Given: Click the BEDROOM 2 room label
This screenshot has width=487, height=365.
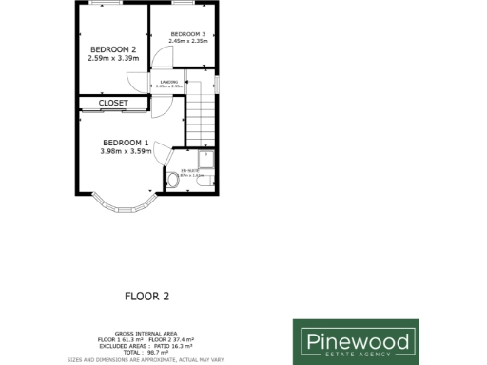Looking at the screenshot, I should click(x=113, y=48).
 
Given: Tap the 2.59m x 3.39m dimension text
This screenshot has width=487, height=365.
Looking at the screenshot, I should click(x=113, y=58).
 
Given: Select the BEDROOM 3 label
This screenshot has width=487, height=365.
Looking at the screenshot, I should click(x=187, y=35).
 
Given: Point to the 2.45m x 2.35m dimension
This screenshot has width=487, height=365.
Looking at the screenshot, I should click(x=187, y=42).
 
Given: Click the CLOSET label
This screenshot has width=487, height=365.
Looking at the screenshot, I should click(x=113, y=102).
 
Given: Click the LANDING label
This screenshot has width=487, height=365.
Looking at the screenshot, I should click(x=170, y=82).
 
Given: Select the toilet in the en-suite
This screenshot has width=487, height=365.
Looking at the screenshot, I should click(x=172, y=178).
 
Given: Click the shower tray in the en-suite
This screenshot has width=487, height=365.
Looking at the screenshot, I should click(x=206, y=159).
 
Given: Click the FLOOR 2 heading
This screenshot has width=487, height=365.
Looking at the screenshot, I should click(x=146, y=296).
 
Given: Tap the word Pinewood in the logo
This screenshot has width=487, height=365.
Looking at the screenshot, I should click(x=356, y=339).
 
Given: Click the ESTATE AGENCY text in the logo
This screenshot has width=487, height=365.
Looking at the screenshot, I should click(x=356, y=355).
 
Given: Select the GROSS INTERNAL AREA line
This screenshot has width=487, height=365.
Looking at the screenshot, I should click(x=146, y=334).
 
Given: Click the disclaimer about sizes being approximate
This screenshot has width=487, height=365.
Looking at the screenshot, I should click(x=146, y=359).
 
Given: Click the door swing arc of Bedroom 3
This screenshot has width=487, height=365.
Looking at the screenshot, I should click(x=165, y=58).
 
